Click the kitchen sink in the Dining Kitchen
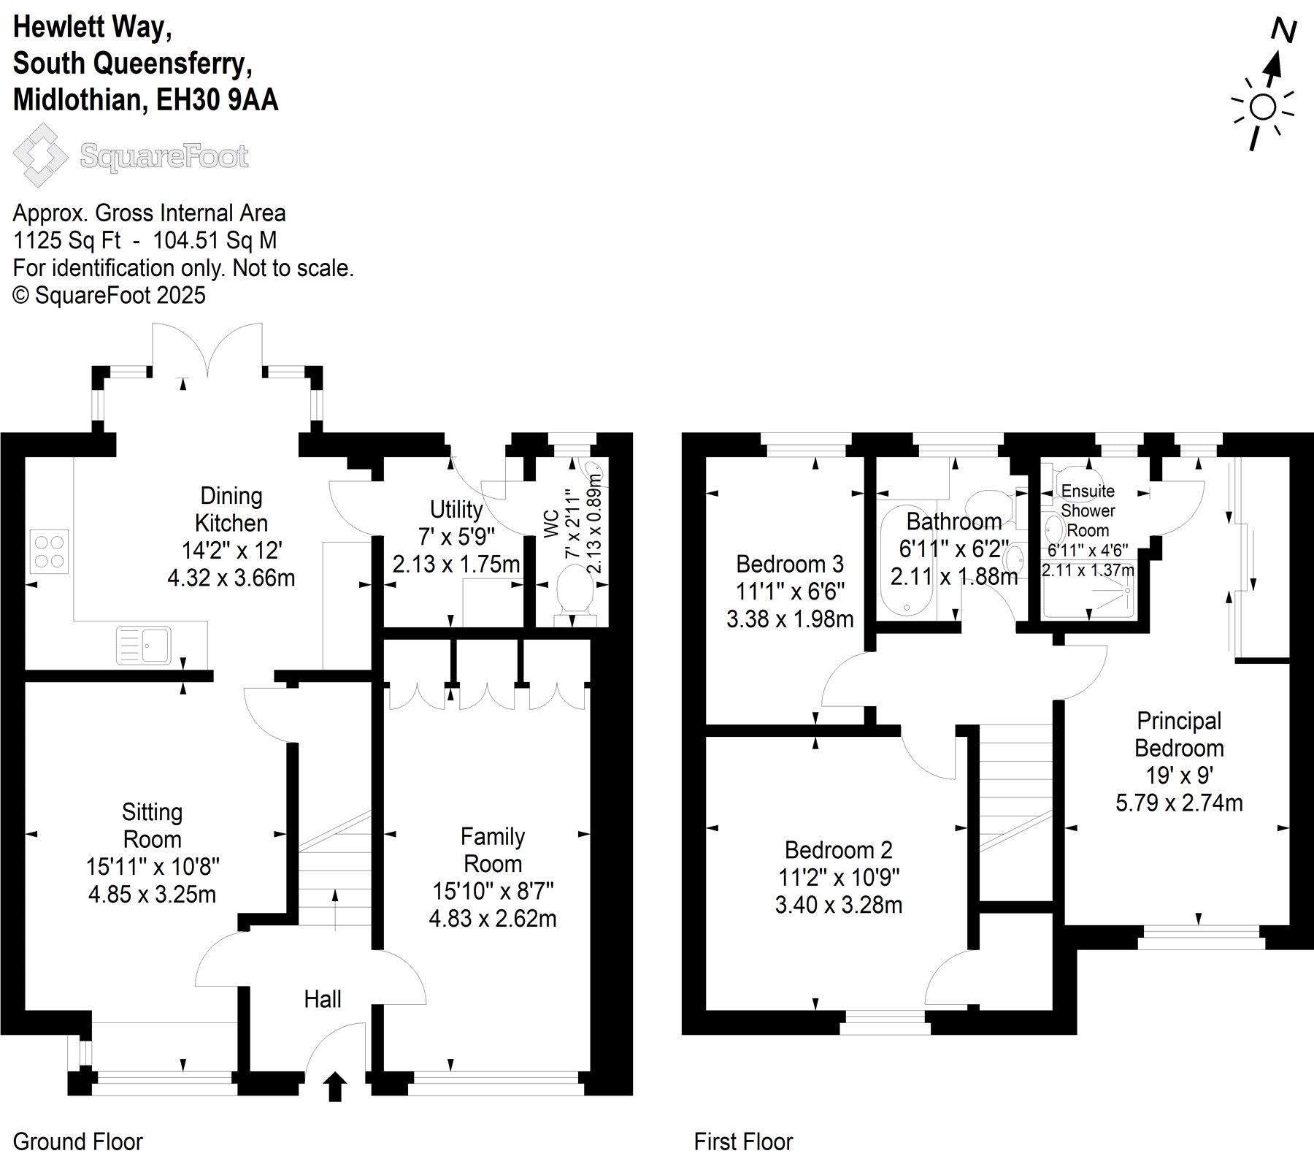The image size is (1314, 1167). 145,646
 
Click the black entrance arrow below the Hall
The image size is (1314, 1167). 335,1086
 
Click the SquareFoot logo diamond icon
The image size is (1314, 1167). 44,155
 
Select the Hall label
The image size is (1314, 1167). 323,999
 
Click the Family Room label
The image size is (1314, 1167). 493,850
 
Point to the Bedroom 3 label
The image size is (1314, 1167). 790,564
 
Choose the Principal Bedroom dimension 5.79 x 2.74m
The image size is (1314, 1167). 1179,803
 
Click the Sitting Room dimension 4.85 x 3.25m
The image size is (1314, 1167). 152,894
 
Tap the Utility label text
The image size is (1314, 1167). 456,509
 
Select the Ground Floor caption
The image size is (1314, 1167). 78,1141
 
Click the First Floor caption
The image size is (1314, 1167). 743,1141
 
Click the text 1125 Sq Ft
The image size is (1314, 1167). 67,241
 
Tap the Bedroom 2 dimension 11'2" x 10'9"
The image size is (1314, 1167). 839,878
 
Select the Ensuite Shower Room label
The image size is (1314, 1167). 1088,510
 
